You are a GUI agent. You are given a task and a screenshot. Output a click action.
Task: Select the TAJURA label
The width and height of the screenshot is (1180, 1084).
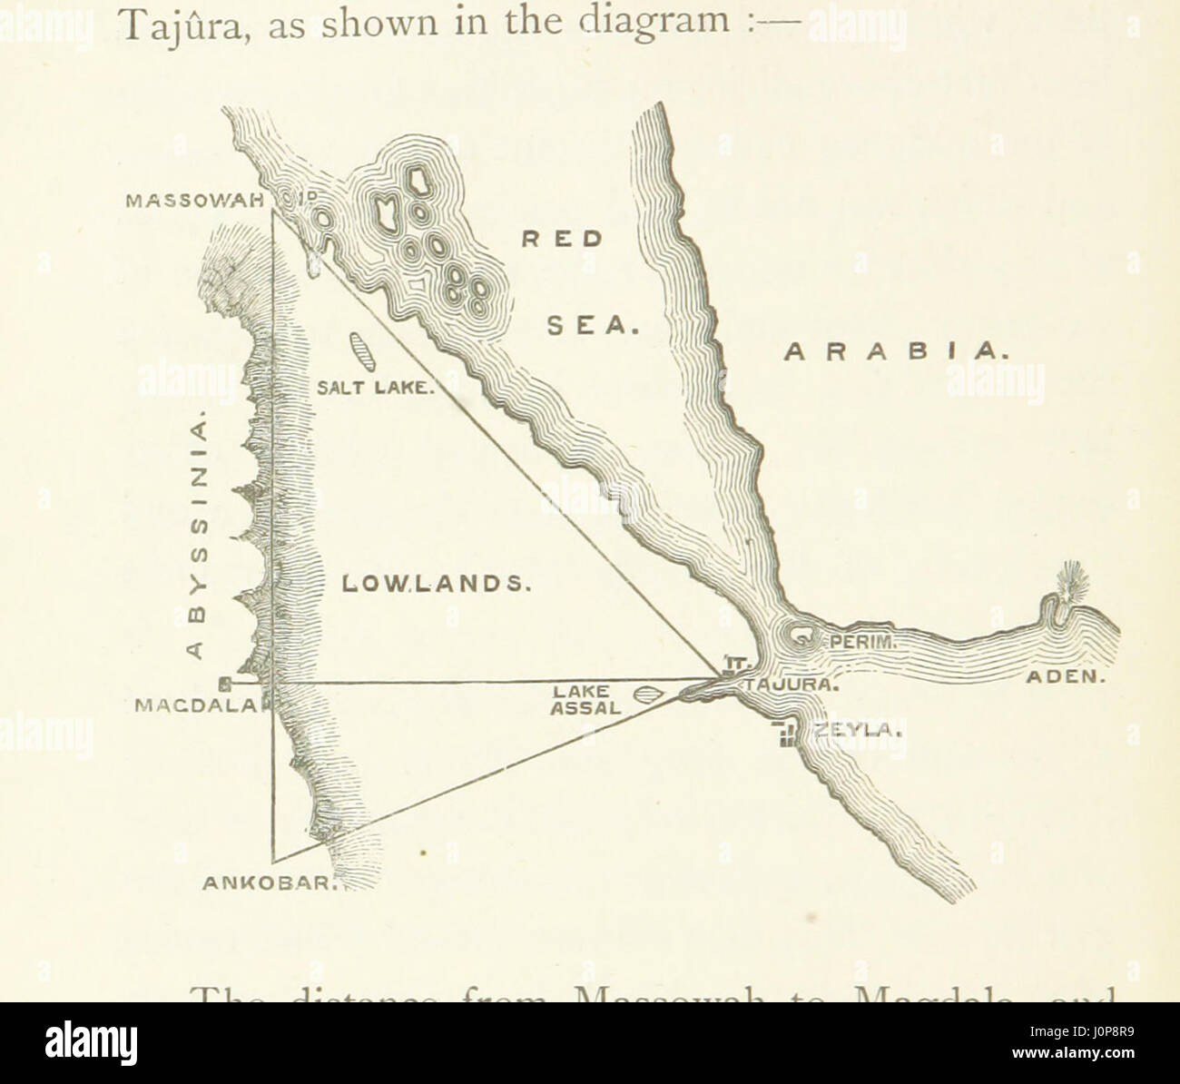point(789,685)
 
